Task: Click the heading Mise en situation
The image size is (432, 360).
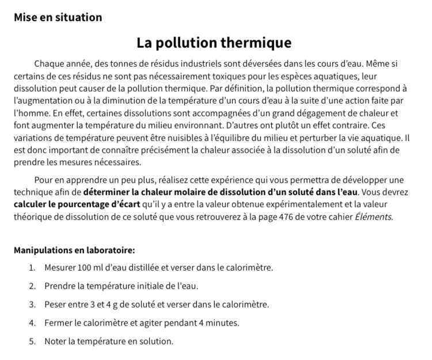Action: pyautogui.click(x=58, y=17)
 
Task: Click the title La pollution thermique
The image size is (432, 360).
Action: pyautogui.click(x=214, y=43)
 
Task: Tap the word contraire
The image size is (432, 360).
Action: pyautogui.click(x=350, y=125)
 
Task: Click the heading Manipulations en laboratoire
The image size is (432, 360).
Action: pyautogui.click(x=74, y=250)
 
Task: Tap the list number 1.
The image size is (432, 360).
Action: pyautogui.click(x=32, y=268)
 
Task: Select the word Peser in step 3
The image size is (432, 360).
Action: pyautogui.click(x=56, y=304)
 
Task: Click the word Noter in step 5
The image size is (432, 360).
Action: pyautogui.click(x=55, y=341)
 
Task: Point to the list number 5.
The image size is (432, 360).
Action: pyautogui.click(x=32, y=341)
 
